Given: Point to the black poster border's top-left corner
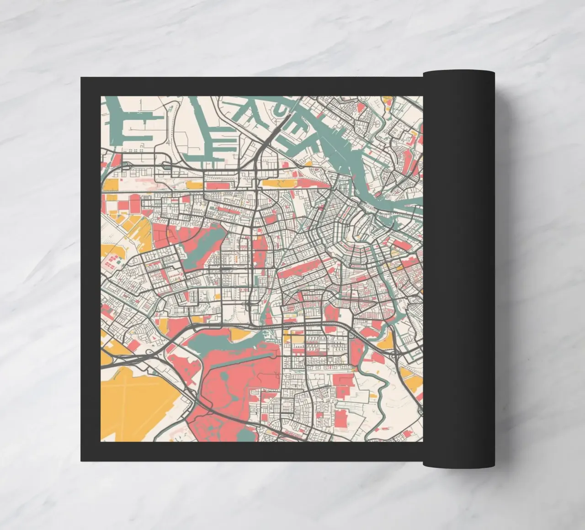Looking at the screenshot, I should coord(81,78).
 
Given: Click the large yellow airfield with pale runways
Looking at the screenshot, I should coord(137,402).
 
